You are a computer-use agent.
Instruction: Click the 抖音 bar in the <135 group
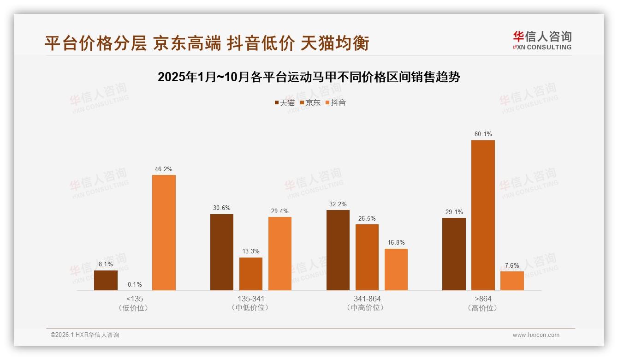click(x=164, y=233)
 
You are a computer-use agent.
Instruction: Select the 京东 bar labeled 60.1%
click(x=483, y=216)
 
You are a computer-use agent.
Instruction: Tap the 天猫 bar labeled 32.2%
click(x=338, y=250)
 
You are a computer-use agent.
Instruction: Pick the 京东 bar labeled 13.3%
click(x=251, y=274)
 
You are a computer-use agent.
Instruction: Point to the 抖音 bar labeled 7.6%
click(x=512, y=281)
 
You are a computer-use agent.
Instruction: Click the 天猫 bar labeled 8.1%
click(x=106, y=280)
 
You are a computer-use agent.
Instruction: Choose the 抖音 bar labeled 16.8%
click(x=396, y=270)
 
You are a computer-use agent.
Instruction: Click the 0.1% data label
click(x=135, y=284)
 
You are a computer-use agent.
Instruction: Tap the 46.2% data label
click(x=164, y=169)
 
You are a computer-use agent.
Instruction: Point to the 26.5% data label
click(x=367, y=219)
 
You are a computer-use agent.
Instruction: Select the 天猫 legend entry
click(x=285, y=102)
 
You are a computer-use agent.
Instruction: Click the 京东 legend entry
click(x=310, y=102)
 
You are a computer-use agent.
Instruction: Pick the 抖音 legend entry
click(x=335, y=102)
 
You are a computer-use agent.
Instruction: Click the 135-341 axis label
click(x=251, y=299)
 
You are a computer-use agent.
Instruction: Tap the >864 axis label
click(x=483, y=299)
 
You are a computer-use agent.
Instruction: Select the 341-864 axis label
click(x=367, y=299)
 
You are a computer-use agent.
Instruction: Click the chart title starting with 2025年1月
click(x=309, y=77)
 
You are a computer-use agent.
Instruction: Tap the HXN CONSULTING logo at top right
click(x=542, y=41)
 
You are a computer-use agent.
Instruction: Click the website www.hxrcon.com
click(x=536, y=335)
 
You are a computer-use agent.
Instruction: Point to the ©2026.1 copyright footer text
click(x=85, y=335)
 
